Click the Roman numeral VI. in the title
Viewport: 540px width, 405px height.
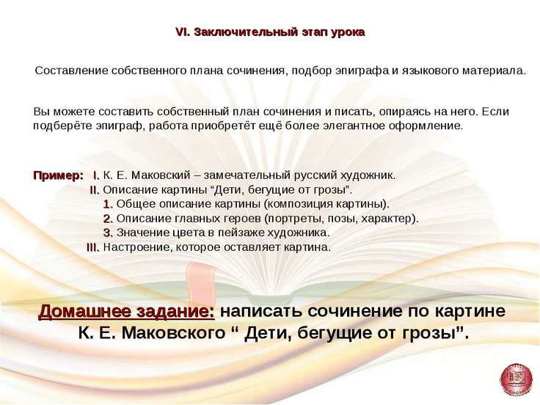(x=183, y=32)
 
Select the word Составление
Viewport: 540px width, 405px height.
(x=72, y=70)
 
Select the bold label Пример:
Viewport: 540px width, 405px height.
(x=58, y=175)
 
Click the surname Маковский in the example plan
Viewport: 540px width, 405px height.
(x=161, y=175)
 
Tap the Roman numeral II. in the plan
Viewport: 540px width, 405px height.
(x=95, y=190)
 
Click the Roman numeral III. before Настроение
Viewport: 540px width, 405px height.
(x=93, y=247)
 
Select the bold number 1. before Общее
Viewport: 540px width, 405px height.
(x=108, y=204)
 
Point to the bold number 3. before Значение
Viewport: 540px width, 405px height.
(x=108, y=233)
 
